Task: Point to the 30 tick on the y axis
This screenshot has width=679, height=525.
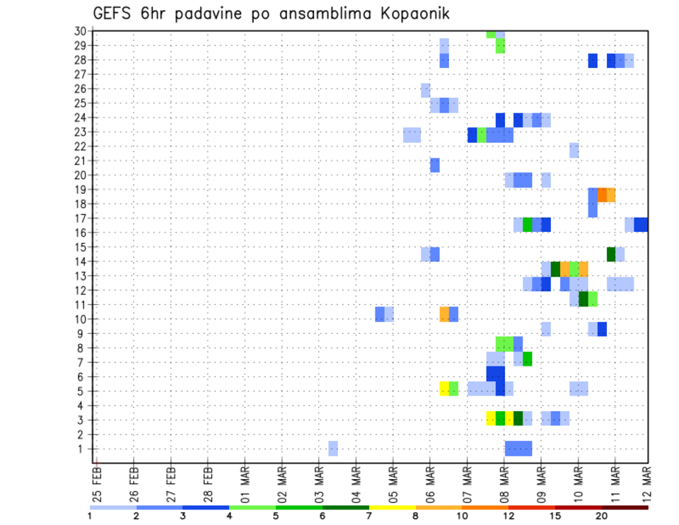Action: click(80, 31)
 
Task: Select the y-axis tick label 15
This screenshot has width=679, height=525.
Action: click(80, 247)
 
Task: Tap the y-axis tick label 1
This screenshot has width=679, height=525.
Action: click(83, 449)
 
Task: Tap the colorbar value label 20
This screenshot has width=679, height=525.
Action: click(602, 516)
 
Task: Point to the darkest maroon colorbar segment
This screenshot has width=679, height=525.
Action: click(625, 507)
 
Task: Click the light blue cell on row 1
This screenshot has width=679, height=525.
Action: click(333, 449)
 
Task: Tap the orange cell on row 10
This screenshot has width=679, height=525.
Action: click(444, 314)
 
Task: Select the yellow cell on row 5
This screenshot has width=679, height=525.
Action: click(444, 388)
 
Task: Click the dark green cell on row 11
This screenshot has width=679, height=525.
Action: click(583, 299)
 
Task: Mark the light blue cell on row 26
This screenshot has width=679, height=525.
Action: click(426, 90)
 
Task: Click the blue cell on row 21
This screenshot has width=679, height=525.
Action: click(435, 165)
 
